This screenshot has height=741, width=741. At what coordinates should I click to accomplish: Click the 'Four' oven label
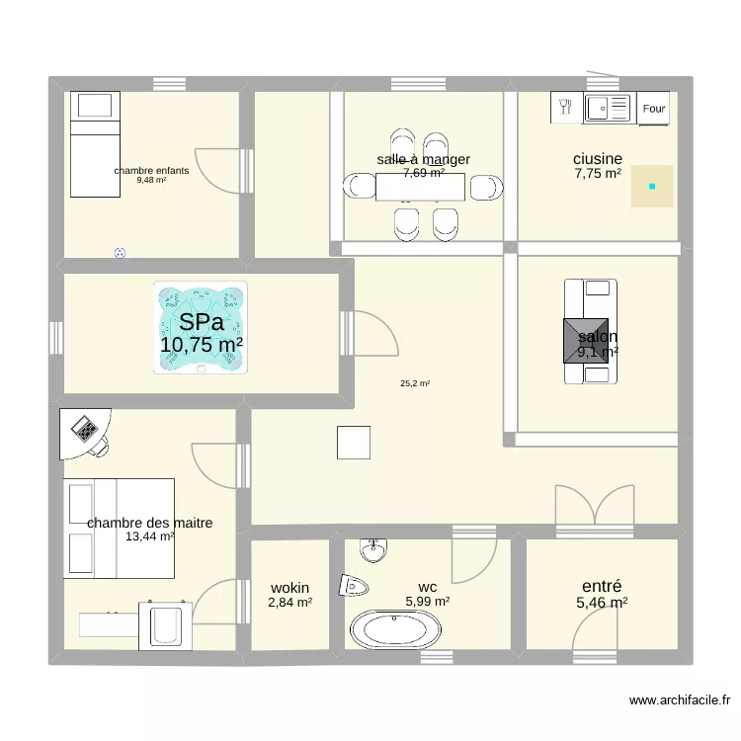pos(654,109)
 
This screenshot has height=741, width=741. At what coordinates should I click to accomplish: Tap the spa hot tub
pos(200,328)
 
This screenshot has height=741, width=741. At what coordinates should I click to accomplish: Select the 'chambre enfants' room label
pos(151,171)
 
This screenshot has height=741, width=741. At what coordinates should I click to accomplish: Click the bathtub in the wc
pos(397,628)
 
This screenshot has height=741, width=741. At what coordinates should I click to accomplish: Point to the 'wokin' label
pos(289,588)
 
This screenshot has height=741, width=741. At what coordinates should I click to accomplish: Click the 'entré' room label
pos(602,586)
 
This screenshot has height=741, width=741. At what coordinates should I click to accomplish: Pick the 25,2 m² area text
pos(415,385)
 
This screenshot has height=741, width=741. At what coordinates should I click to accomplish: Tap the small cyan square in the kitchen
pos(652,186)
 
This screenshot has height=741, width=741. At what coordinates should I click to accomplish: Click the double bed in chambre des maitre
pos(119,528)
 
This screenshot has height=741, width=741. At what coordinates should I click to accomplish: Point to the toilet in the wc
pos(354,586)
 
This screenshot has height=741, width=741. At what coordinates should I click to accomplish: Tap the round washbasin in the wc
pos(373,548)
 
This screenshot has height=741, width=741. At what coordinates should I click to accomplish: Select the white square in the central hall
pos(354,442)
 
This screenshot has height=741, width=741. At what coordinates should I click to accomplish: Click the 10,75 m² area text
pos(202,344)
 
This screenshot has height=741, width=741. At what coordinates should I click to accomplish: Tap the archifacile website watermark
pos(680,700)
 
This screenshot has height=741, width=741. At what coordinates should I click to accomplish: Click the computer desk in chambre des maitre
pos(85,433)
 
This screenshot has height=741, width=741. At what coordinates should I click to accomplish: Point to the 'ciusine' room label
pos(598,158)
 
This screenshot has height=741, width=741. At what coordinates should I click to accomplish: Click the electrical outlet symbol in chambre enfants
pos(122,253)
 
